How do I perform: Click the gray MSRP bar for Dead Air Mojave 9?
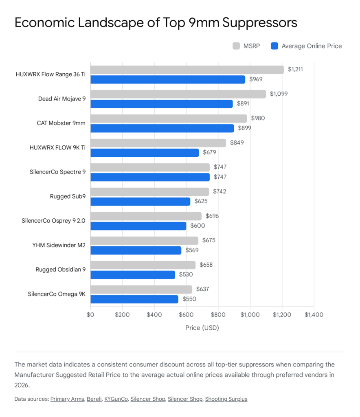click(x=178, y=94)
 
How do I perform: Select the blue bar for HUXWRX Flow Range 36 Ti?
click(x=167, y=79)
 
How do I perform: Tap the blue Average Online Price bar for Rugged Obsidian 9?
click(x=132, y=275)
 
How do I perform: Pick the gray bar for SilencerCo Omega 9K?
click(x=141, y=290)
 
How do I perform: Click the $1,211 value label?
click(x=295, y=70)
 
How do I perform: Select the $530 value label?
click(x=186, y=275)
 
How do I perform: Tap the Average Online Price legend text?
click(x=312, y=46)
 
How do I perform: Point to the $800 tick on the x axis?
click(x=218, y=315)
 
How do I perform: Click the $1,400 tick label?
click(x=314, y=315)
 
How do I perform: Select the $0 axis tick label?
click(x=90, y=315)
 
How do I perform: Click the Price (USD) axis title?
click(x=202, y=327)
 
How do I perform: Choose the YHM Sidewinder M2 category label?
click(x=59, y=245)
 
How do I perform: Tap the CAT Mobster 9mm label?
click(x=61, y=123)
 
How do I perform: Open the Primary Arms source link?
click(x=67, y=399)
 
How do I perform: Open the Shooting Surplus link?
click(x=226, y=399)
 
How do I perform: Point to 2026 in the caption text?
click(x=22, y=384)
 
